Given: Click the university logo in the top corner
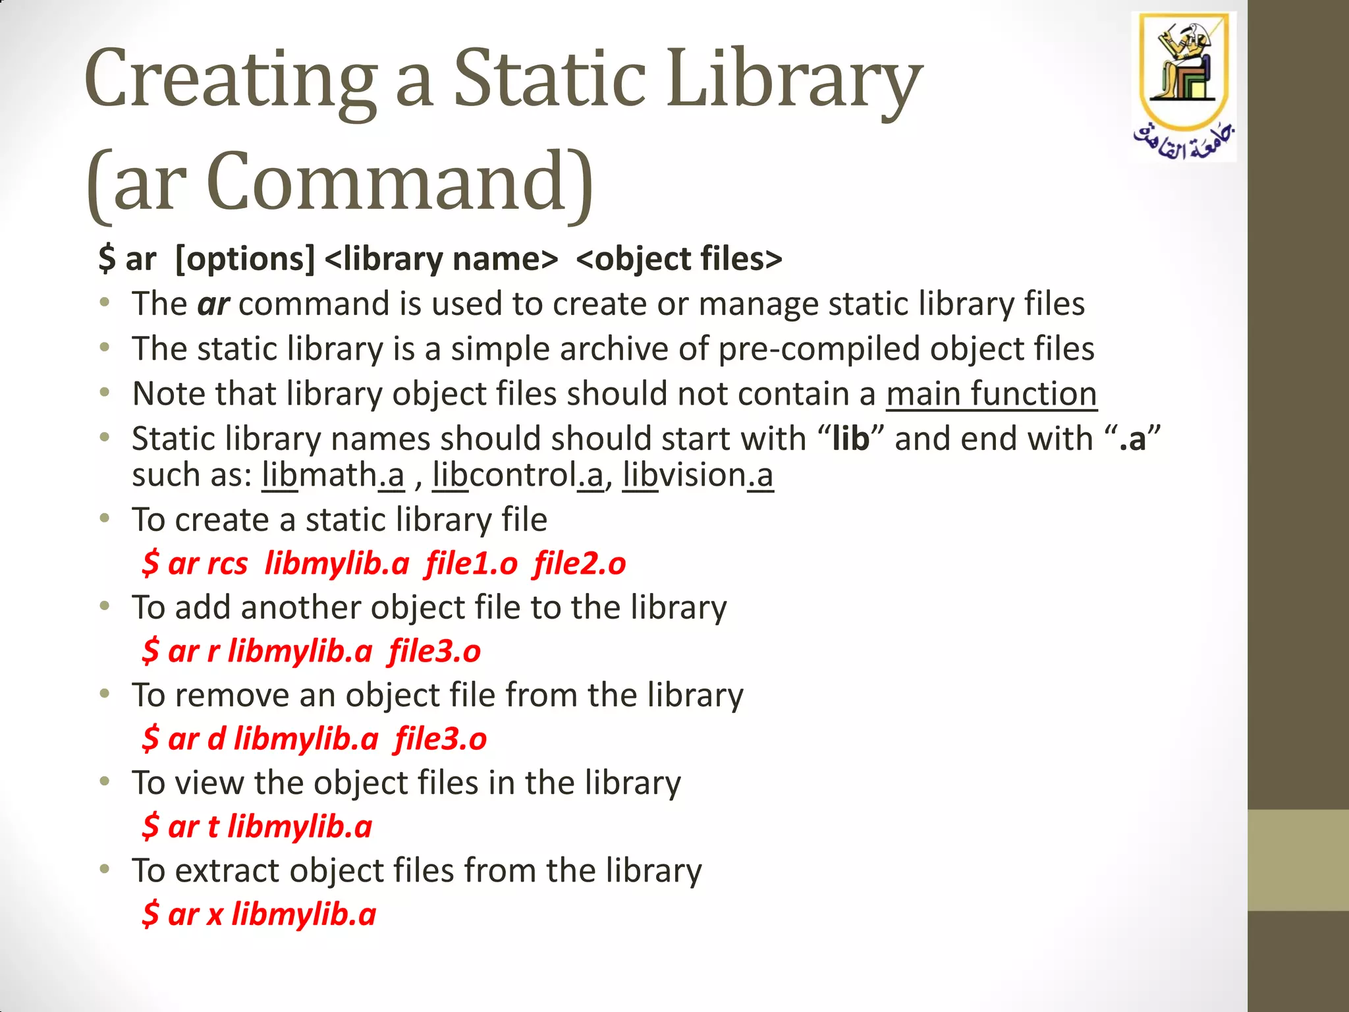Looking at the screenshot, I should click(x=1184, y=86).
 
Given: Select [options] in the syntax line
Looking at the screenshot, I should click(x=245, y=258).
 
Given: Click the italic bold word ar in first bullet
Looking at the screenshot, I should click(x=213, y=304).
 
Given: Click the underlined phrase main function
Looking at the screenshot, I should click(x=991, y=394).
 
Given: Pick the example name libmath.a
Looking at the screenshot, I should click(x=333, y=475).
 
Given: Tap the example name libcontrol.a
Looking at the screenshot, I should click(x=518, y=475).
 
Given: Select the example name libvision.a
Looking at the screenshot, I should click(x=698, y=475).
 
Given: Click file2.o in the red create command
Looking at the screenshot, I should click(x=580, y=564).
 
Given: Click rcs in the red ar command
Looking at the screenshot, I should click(x=227, y=564).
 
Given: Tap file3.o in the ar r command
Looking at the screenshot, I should click(x=435, y=652).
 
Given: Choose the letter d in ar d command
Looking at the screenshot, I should click(x=217, y=739).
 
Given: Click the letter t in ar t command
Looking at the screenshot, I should click(x=213, y=827).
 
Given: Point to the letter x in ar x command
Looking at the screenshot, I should click(x=215, y=914).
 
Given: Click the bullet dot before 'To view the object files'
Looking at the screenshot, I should click(x=105, y=782).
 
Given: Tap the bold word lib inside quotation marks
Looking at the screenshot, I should click(x=850, y=439).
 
